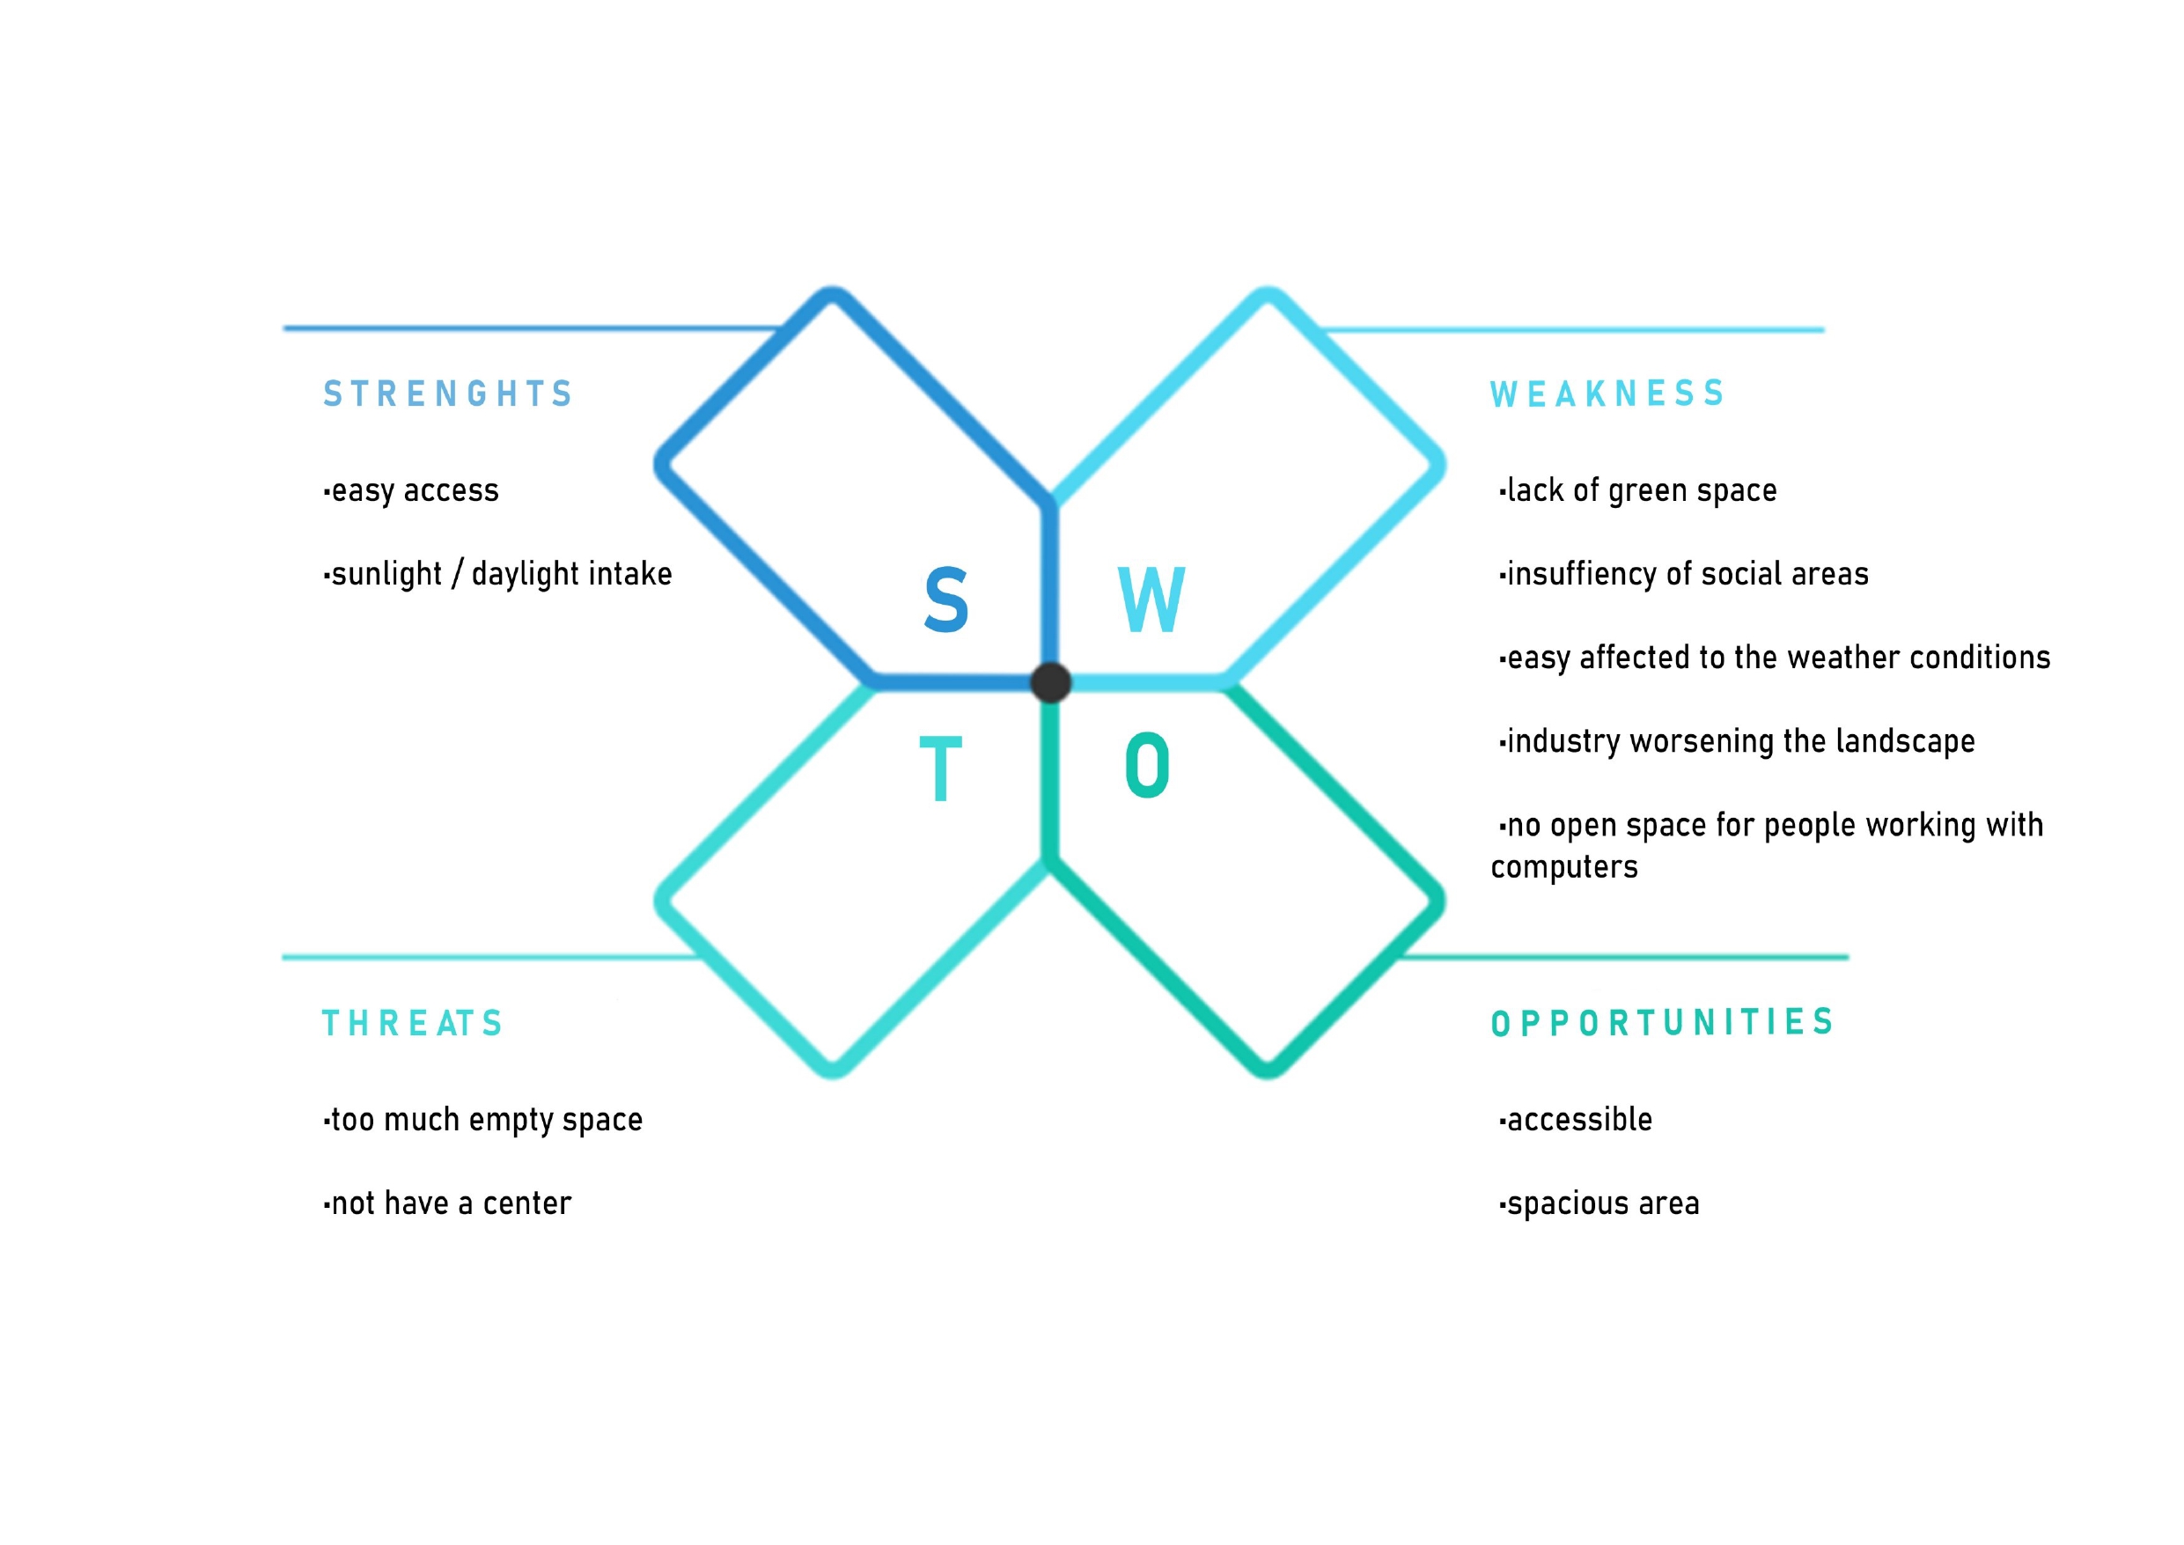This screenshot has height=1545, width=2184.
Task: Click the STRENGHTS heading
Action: (x=447, y=394)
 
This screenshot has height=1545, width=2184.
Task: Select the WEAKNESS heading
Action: (x=1607, y=394)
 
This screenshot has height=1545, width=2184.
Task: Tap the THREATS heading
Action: (x=412, y=1024)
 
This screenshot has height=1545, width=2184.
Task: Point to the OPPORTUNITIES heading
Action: (x=1662, y=1023)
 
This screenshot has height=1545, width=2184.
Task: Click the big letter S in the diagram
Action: (x=945, y=600)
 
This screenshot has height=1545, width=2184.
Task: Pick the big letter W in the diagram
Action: (x=1151, y=600)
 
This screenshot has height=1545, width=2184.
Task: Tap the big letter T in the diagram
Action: (x=941, y=769)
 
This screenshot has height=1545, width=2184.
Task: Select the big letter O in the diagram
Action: (x=1147, y=766)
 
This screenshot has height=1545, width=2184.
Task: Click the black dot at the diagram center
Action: (x=1051, y=682)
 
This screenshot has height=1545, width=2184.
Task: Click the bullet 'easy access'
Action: (x=411, y=491)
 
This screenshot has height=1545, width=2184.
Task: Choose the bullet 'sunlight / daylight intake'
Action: (x=497, y=575)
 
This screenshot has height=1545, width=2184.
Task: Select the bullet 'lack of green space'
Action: (x=1637, y=491)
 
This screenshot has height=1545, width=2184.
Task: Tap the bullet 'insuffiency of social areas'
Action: (x=1684, y=575)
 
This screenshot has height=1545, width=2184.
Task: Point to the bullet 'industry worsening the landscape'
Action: (x=1737, y=742)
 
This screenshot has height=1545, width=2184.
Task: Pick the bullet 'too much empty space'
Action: (x=483, y=1121)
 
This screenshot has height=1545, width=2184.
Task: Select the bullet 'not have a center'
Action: (x=447, y=1203)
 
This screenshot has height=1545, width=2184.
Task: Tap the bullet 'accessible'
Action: (x=1575, y=1120)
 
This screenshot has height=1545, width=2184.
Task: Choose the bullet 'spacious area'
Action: (x=1599, y=1204)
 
